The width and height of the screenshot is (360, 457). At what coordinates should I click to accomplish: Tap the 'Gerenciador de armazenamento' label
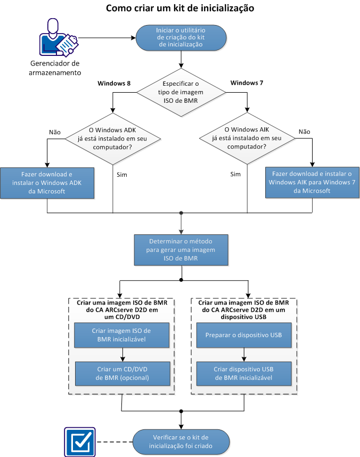click(x=55, y=68)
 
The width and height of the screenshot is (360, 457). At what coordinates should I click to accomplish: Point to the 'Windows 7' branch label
click(x=247, y=83)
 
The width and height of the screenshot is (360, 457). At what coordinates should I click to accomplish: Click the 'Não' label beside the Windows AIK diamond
click(x=305, y=131)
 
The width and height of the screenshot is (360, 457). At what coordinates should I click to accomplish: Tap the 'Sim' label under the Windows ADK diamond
click(x=122, y=174)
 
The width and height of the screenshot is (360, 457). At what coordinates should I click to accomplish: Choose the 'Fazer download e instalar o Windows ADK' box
click(x=47, y=182)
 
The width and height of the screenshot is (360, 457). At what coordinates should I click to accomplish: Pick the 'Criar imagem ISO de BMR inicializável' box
click(x=122, y=334)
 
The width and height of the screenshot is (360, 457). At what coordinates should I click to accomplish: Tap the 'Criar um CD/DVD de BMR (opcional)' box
click(x=122, y=373)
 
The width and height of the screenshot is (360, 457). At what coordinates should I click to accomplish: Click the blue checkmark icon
click(x=79, y=440)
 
